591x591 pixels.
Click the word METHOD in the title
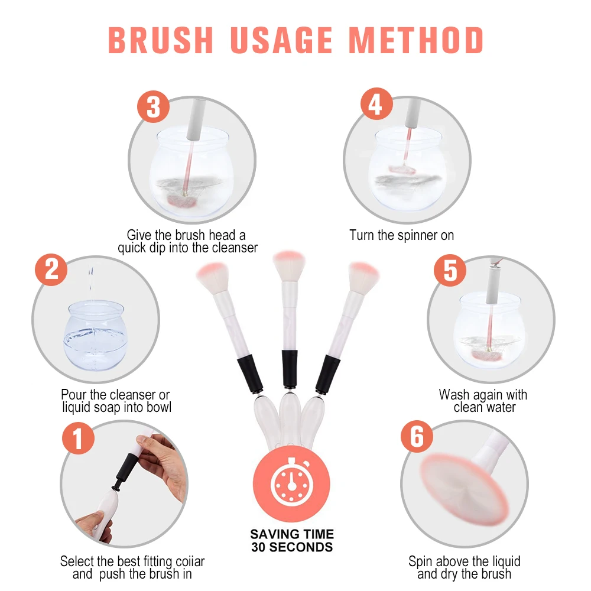pos(415,40)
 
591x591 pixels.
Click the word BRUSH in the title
pos(161,40)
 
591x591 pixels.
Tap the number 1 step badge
pos(78,438)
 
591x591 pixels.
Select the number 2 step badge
pos(51,270)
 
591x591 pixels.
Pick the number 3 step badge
pos(153,106)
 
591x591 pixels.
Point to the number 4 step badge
pos(376,104)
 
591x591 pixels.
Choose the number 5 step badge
pos(450,270)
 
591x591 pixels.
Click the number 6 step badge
pos(417,437)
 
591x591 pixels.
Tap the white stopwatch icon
pos(292,482)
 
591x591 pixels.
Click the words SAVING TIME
pos(292,534)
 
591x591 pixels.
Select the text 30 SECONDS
pos(292,547)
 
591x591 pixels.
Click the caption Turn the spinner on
pos(401,235)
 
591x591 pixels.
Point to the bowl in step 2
pos(94,335)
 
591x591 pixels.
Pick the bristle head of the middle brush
pos(289,265)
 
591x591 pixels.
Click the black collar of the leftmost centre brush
pos(250,375)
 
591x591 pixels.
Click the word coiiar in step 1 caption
pos(190,561)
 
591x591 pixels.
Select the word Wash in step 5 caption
pos(454,395)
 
